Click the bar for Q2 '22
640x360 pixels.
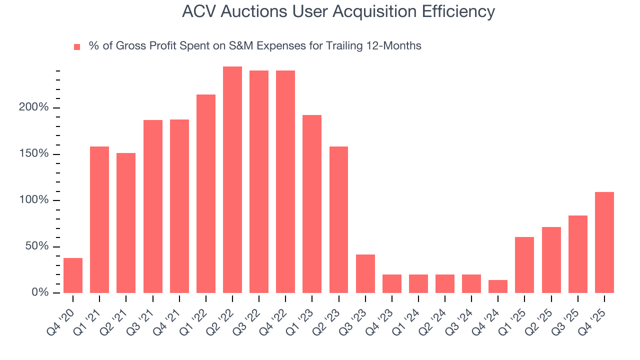(x=232, y=179)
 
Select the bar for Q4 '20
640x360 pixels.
(x=73, y=275)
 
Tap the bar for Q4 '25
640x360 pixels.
(x=604, y=242)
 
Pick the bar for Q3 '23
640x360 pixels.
(x=365, y=273)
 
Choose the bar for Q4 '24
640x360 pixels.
(x=498, y=286)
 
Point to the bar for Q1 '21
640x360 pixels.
(x=99, y=219)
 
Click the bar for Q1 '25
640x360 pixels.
(x=524, y=265)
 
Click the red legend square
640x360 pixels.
(x=77, y=47)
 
